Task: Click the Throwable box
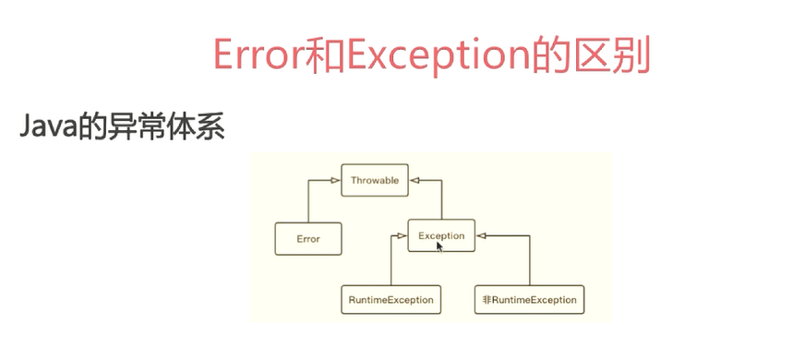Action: coord(375,180)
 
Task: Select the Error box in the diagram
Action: coord(308,239)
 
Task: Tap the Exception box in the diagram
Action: coord(441,235)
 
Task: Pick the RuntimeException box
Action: coord(390,300)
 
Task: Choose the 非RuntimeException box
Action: coord(529,300)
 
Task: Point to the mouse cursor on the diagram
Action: coord(439,246)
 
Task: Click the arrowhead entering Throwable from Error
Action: coord(336,180)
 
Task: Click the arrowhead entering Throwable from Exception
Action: coord(414,180)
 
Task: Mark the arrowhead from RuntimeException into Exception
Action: coord(403,235)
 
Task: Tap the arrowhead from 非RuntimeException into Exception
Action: coord(480,235)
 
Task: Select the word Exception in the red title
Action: coord(438,56)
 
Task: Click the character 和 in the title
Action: coord(326,54)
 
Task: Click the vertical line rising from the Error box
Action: coord(308,201)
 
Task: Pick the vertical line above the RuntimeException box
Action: coord(390,260)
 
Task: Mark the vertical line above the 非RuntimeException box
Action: coord(530,260)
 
